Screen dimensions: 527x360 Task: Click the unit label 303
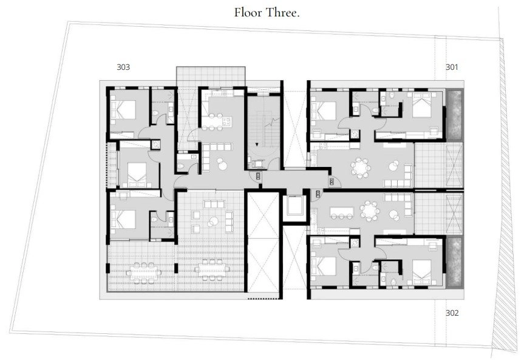pos(123,67)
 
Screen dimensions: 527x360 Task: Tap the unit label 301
pos(452,67)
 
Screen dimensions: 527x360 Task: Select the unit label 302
pos(452,313)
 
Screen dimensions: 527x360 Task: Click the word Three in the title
pos(282,13)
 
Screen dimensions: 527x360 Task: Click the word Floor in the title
pos(248,13)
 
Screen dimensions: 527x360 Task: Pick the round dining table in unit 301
pos(361,168)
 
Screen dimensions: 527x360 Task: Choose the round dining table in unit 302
pos(370,211)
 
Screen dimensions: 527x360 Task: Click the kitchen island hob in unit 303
pos(226,121)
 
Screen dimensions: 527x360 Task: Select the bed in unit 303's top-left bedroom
pos(123,110)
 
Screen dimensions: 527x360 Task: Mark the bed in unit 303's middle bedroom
pos(137,174)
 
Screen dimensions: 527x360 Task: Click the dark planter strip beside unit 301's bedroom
pos(455,115)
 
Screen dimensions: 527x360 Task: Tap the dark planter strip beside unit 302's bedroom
pos(455,262)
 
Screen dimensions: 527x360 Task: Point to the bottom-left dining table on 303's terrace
pos(143,272)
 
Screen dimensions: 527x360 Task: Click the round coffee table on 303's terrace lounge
pos(212,222)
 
